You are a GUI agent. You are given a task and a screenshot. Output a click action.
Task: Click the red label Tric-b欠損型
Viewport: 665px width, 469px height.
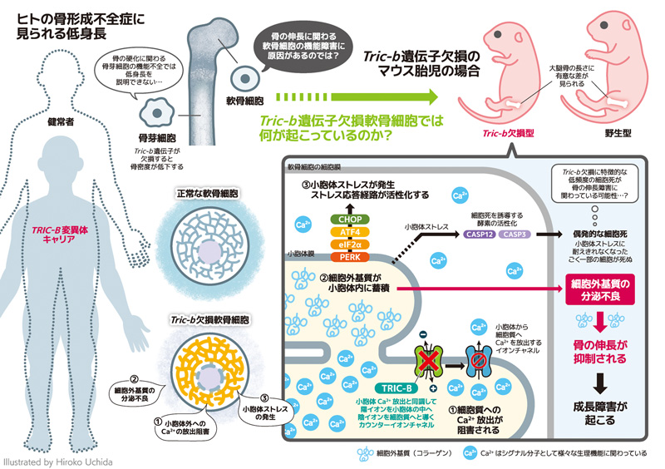point(508,132)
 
